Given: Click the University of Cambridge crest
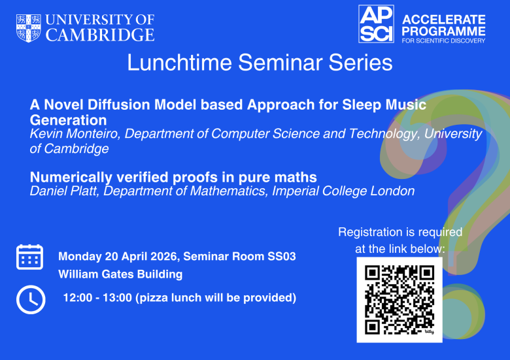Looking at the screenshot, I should pos(28,27).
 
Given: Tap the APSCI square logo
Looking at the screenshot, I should pos(376,24).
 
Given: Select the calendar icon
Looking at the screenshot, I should pos(29,257).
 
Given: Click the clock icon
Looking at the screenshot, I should pos(30,299).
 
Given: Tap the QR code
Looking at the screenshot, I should pos(399,299).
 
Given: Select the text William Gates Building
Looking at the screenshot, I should pos(120,274).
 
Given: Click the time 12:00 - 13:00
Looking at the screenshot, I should pos(95,298).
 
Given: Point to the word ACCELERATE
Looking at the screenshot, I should pos(443,20).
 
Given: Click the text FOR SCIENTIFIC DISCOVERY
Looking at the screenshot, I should pos(443,41).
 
